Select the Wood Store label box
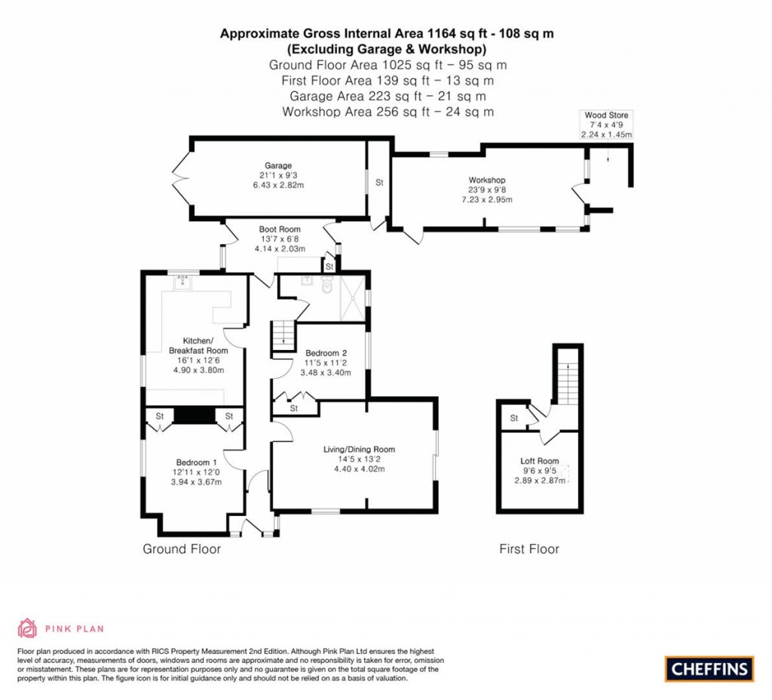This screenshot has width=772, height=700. (x=607, y=124)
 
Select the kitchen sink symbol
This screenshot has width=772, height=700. (x=182, y=282)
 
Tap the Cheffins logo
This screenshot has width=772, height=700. (x=709, y=669)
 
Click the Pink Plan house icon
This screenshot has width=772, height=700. (x=28, y=628)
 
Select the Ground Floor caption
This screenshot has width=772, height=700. (x=182, y=549)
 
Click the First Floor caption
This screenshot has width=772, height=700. (x=529, y=549)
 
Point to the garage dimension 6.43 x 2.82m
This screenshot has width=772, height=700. (x=278, y=186)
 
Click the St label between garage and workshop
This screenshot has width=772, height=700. (x=379, y=183)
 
